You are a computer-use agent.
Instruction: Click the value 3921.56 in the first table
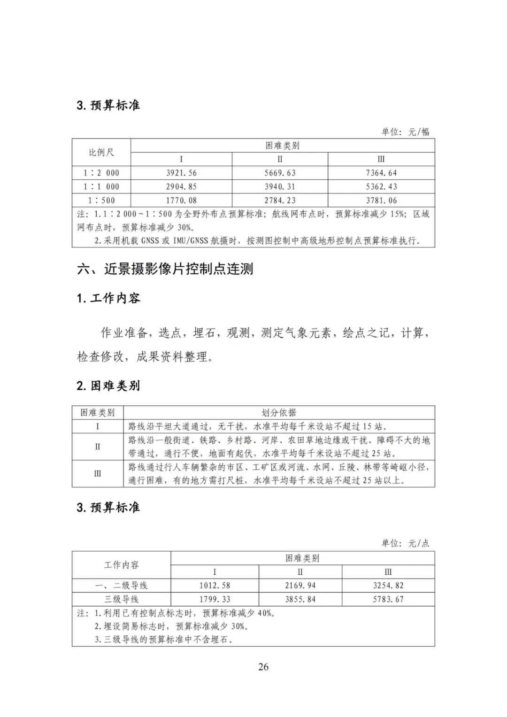181,173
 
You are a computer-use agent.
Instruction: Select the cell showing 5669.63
280,173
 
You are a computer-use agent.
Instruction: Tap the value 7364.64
381,173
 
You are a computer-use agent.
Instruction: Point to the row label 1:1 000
101,186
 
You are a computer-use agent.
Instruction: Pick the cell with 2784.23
280,200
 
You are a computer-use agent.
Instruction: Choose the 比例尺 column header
101,152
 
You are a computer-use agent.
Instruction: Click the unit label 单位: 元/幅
405,132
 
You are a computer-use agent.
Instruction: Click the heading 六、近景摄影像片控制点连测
165,269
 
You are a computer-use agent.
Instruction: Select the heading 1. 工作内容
108,298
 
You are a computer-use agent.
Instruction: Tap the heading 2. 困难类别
108,386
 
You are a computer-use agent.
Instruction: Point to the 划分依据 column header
279,413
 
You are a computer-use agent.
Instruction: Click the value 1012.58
215,586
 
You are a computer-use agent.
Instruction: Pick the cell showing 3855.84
300,599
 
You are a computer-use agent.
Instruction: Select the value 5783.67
388,599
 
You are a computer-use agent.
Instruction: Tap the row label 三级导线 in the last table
121,599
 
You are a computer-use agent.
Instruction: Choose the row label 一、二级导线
121,586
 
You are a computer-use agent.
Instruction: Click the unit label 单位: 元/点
405,543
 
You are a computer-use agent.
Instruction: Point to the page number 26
263,667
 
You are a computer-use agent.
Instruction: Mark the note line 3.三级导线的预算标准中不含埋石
164,640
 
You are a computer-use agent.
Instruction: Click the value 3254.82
388,586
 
